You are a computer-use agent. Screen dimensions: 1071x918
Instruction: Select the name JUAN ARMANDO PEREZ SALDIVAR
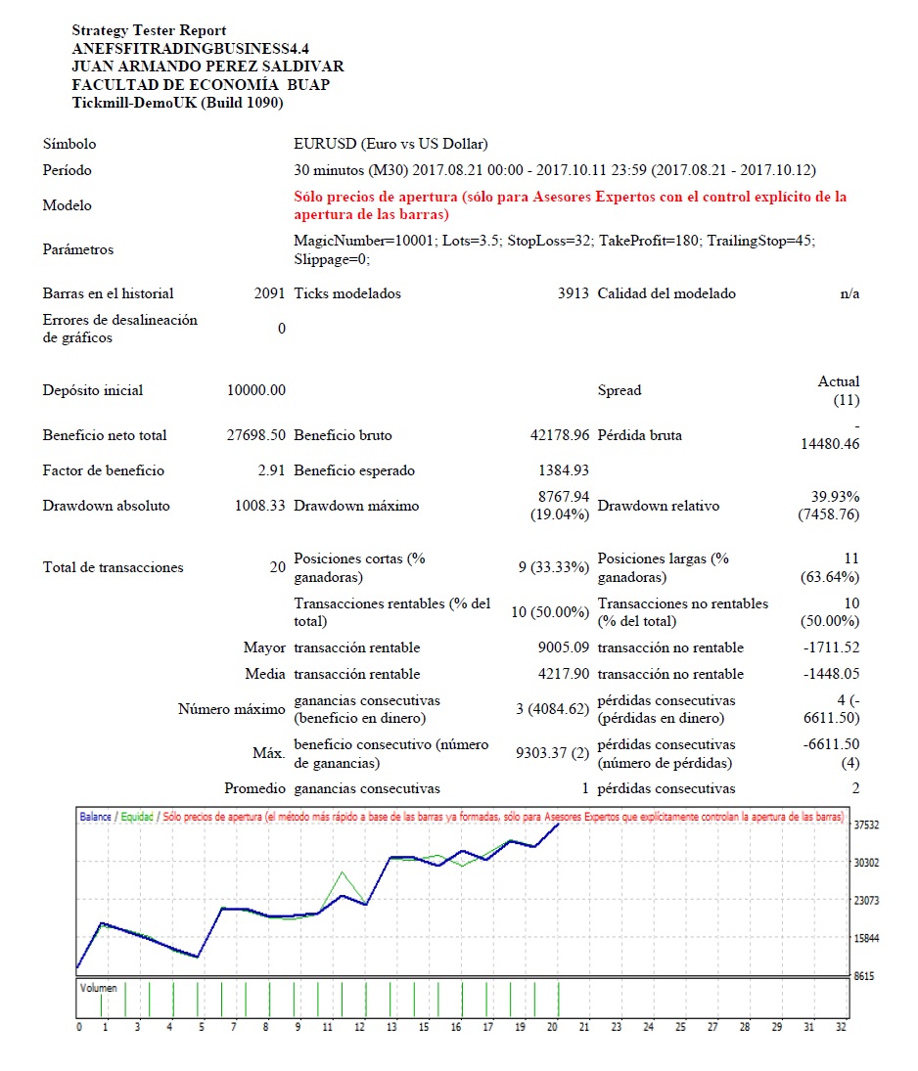coord(207,67)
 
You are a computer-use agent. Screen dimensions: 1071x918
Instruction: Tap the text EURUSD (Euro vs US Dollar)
coord(390,144)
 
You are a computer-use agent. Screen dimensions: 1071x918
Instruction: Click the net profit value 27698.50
coord(255,435)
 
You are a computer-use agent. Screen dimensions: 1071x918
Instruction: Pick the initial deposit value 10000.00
coord(256,390)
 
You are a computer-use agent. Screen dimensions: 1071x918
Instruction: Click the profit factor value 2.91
coord(271,470)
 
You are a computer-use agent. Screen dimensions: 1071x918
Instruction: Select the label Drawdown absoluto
coord(106,506)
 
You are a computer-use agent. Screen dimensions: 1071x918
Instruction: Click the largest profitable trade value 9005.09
coord(560,647)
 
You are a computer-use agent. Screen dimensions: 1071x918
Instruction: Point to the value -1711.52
coord(831,647)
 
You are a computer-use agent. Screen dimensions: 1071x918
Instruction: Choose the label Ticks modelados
coord(347,293)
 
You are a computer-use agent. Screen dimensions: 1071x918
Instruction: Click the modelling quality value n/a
coord(849,293)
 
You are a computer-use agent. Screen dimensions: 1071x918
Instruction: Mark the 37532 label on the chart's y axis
coord(867,825)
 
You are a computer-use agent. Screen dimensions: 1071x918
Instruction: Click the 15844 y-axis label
coord(867,938)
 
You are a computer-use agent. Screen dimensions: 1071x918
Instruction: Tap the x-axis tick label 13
coord(391,1027)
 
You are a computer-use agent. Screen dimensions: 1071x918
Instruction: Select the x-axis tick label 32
coord(841,1027)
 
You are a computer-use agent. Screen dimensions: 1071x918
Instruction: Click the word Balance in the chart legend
coord(95,816)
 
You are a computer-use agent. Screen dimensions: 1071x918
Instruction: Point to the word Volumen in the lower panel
coord(98,988)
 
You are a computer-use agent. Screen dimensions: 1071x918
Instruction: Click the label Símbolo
coord(69,144)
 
